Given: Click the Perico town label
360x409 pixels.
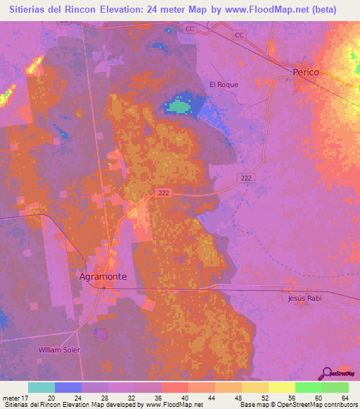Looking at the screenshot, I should pyautogui.click(x=307, y=72).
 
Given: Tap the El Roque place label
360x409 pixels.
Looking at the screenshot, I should pyautogui.click(x=224, y=84).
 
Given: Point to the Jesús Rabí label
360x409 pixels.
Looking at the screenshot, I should pyautogui.click(x=304, y=298).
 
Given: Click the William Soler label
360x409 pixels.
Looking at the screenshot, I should pyautogui.click(x=59, y=349).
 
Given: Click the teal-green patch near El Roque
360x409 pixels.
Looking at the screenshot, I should pyautogui.click(x=179, y=107).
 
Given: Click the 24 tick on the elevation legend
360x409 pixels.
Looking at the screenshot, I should pyautogui.click(x=77, y=398).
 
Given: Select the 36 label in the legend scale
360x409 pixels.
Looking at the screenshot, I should pyautogui.click(x=157, y=398).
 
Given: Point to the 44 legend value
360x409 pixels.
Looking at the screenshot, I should pyautogui.click(x=211, y=398).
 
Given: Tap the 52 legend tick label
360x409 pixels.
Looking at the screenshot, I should pyautogui.click(x=264, y=398).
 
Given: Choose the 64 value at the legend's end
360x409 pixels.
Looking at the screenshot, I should pyautogui.click(x=345, y=398).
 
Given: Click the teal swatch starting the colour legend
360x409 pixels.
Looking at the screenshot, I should pyautogui.click(x=41, y=387).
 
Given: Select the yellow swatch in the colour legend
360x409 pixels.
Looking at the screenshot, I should pyautogui.click(x=281, y=387).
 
